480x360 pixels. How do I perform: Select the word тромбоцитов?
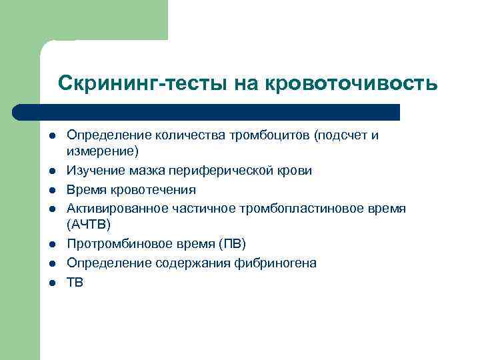pyautogui.click(x=271, y=135)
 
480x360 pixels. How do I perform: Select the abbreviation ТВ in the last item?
pyautogui.click(x=75, y=283)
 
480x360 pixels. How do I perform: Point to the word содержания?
pyautogui.click(x=194, y=263)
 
